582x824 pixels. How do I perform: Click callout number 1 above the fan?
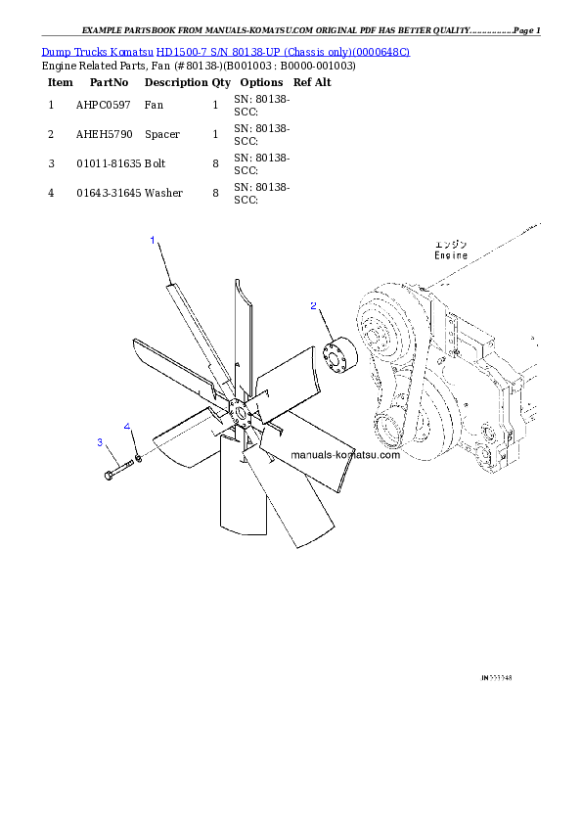click(x=153, y=240)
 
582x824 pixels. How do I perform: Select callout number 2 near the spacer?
click(x=313, y=306)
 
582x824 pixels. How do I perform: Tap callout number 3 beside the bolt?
click(x=100, y=442)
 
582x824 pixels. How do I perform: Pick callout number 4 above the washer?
click(x=126, y=427)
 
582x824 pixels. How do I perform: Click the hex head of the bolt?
click(x=106, y=477)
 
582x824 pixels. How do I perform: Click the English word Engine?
click(x=451, y=255)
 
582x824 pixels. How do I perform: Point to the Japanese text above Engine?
click(x=452, y=244)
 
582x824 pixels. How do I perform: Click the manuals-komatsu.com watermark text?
click(x=346, y=455)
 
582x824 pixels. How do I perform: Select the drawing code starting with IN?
click(x=497, y=676)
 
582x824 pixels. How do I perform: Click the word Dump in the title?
click(x=54, y=51)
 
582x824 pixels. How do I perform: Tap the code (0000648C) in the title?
click(x=380, y=51)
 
